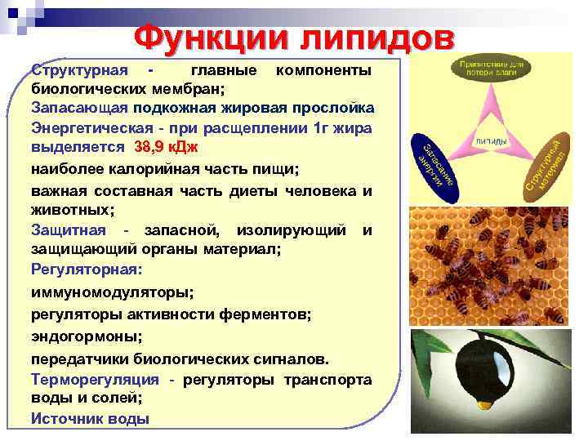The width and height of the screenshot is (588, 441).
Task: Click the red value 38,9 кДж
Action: pyautogui.click(x=166, y=148)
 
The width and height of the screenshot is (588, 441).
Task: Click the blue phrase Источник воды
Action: pyautogui.click(x=90, y=418)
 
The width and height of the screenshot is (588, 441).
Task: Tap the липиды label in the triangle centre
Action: pyautogui.click(x=490, y=140)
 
